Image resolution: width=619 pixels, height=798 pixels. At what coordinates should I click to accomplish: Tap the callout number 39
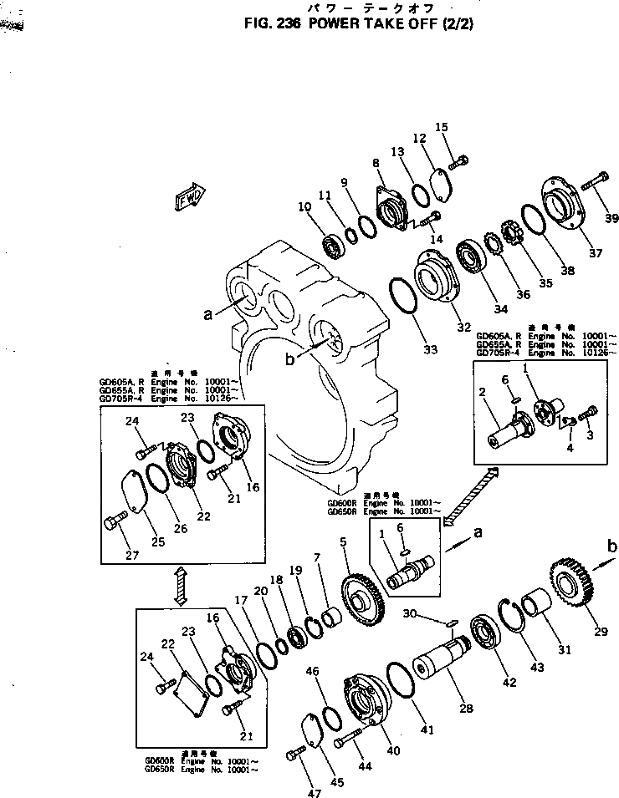click(x=612, y=219)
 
